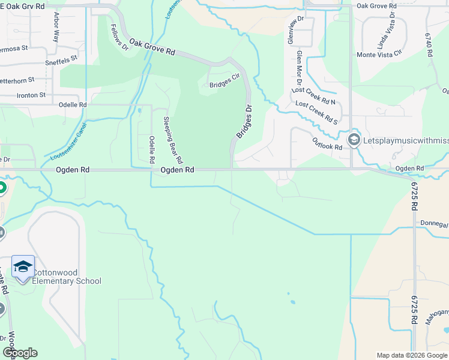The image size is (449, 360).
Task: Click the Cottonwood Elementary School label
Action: [66, 277]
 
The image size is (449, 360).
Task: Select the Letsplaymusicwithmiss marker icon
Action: [354, 140]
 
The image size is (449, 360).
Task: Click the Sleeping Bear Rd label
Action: [173, 140]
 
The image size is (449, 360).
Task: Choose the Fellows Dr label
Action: [120, 37]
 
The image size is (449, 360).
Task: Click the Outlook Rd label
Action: [327, 143]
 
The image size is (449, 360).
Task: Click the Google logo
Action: [20, 353]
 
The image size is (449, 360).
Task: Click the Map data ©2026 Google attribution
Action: [411, 355]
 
